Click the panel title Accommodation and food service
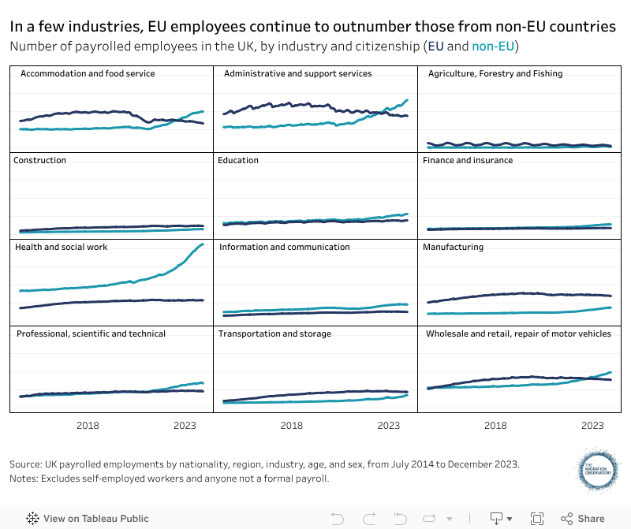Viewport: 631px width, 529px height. coord(88,73)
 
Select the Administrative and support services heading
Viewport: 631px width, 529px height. coord(298,73)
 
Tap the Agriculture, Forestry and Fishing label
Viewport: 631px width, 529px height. coord(495,73)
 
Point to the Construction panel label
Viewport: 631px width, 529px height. coord(40,160)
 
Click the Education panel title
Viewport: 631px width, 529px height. coord(238,160)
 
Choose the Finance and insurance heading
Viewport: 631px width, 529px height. coord(468,160)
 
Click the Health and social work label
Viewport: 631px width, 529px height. coord(62,247)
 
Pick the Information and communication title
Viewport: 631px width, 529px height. coord(285,247)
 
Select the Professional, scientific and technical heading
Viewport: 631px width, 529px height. coord(91,333)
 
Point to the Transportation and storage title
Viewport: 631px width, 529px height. coord(275,333)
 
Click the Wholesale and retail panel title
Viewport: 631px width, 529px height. coord(518,333)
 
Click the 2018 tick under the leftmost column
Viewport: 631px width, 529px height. coord(88,426)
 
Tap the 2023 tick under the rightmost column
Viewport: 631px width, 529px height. coord(592,426)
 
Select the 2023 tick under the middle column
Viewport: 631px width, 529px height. coord(389,426)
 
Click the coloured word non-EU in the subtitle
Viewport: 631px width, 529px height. coord(493,47)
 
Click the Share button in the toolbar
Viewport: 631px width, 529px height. coord(583,519)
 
